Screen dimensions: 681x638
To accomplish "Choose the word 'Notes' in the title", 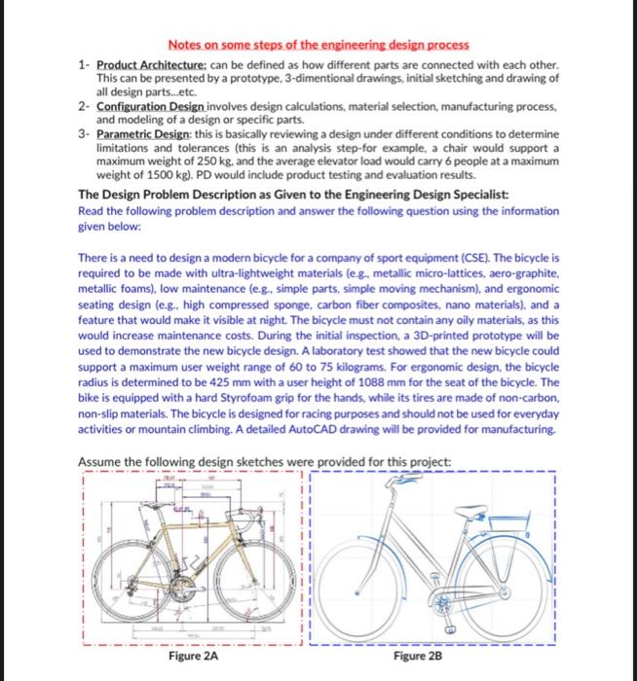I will point(186,46).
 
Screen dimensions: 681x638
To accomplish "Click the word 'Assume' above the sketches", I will point(97,460).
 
